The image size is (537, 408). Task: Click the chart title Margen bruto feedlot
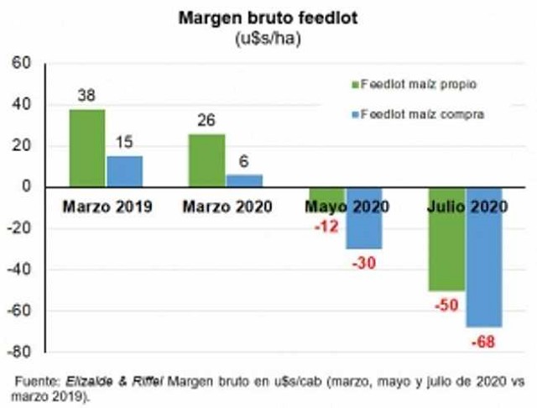[x=267, y=18]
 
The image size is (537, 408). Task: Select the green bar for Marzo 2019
[x=87, y=148]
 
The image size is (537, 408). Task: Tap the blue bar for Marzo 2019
[x=124, y=171]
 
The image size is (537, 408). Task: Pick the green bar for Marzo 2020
[x=206, y=160]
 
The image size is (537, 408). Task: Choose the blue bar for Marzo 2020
[x=244, y=180]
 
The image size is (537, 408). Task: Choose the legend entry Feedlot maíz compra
[x=417, y=112]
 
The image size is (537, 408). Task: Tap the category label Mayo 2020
[x=344, y=206]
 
